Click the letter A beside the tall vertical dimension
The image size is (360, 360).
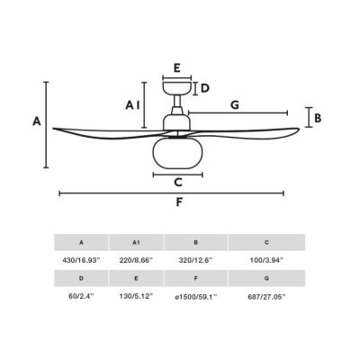[37, 121]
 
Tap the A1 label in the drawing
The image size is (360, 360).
[132, 105]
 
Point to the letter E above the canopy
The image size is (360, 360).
[177, 68]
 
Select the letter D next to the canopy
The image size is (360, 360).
[204, 88]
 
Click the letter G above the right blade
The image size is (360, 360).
[235, 105]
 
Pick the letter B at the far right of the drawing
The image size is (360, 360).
[318, 118]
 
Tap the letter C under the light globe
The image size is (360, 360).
[178, 182]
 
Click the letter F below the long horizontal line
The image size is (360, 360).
[179, 202]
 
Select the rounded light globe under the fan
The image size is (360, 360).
[178, 152]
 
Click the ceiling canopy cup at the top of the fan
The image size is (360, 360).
[177, 87]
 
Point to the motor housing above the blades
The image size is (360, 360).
[176, 122]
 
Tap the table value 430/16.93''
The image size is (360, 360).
[81, 260]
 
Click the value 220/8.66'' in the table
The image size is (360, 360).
[136, 260]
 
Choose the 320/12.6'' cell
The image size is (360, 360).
[195, 260]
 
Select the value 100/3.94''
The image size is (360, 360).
[266, 260]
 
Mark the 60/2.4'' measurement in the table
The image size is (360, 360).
[81, 296]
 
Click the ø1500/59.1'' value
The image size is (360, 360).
[195, 297]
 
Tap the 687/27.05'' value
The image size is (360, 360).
[266, 297]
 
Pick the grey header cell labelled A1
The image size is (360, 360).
[136, 242]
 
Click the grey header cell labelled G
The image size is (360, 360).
[266, 278]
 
